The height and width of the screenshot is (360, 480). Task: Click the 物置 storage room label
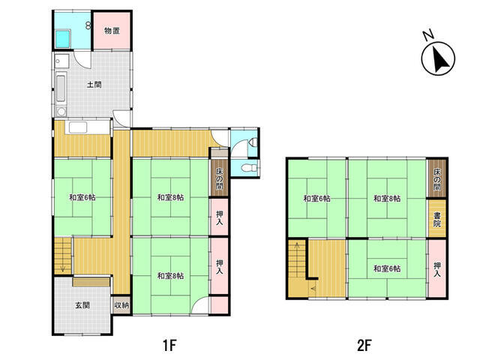(x=112, y=31)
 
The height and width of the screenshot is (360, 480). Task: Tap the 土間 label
(x=94, y=85)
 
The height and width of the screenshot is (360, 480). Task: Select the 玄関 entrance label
(x=82, y=305)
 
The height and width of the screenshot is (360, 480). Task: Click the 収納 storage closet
(x=121, y=305)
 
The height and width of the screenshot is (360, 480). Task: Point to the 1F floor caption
(x=169, y=346)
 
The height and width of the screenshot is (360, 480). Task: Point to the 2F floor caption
(x=364, y=346)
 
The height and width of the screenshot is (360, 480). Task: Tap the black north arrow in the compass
(x=441, y=60)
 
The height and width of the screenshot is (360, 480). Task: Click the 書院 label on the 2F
(x=436, y=219)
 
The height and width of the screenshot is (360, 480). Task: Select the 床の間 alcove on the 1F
(x=219, y=178)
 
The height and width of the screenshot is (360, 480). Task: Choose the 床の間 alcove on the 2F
(x=436, y=178)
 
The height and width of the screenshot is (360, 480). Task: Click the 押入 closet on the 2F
(x=436, y=268)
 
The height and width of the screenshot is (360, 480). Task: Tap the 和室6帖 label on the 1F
(x=82, y=197)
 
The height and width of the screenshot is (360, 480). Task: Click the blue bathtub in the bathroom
(x=63, y=39)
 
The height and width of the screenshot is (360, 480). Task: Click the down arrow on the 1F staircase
(x=63, y=267)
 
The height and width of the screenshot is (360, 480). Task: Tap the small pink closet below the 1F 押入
(x=219, y=305)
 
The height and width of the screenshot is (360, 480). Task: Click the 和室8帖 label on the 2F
(x=387, y=198)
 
